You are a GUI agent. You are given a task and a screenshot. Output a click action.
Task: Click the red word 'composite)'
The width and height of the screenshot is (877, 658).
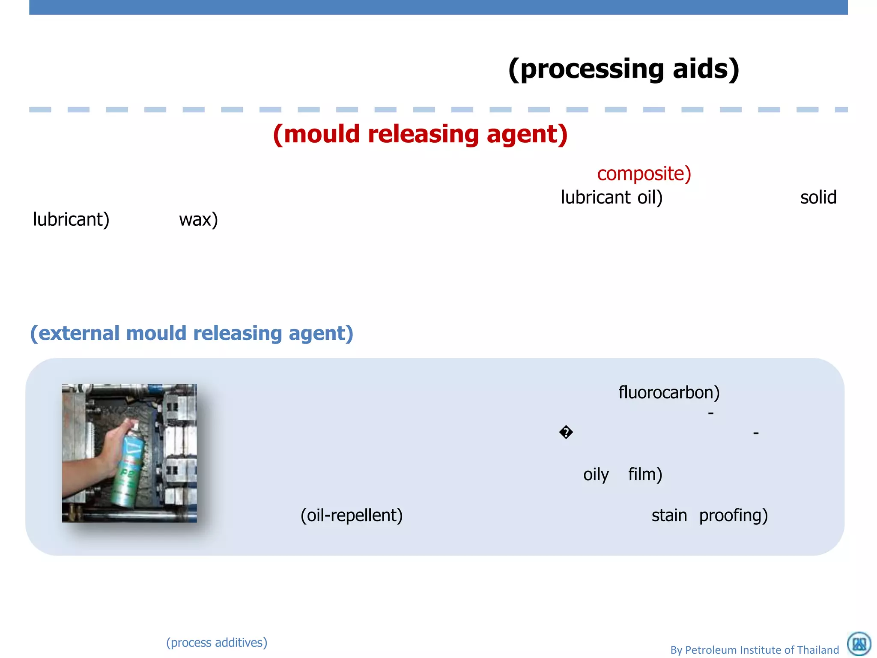click(644, 173)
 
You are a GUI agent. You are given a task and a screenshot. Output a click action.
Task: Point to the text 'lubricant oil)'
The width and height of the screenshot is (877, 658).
click(612, 197)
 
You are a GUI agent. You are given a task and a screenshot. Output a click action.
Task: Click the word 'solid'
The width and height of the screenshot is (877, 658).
click(818, 197)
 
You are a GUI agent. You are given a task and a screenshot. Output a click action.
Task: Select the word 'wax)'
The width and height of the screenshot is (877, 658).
click(198, 219)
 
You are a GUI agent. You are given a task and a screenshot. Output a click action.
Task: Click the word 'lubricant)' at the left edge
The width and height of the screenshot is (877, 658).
click(71, 219)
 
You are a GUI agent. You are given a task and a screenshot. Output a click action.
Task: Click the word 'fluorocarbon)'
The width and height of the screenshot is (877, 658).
click(669, 392)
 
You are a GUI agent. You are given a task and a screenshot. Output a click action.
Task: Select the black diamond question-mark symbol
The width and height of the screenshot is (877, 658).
click(566, 432)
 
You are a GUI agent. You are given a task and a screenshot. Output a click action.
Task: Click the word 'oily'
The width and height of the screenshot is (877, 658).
click(596, 475)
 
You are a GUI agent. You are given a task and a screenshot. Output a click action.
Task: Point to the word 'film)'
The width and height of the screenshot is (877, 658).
click(645, 475)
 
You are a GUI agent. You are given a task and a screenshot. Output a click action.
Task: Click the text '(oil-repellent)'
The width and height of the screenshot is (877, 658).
click(351, 515)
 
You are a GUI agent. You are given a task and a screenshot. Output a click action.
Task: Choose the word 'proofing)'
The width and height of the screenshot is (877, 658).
click(733, 515)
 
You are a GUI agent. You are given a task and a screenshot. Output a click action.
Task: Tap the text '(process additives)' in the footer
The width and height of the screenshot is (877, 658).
click(217, 643)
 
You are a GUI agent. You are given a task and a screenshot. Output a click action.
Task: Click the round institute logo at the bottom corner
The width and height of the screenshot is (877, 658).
click(859, 643)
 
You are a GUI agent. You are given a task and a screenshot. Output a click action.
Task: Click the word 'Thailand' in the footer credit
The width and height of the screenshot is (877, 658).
click(817, 650)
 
